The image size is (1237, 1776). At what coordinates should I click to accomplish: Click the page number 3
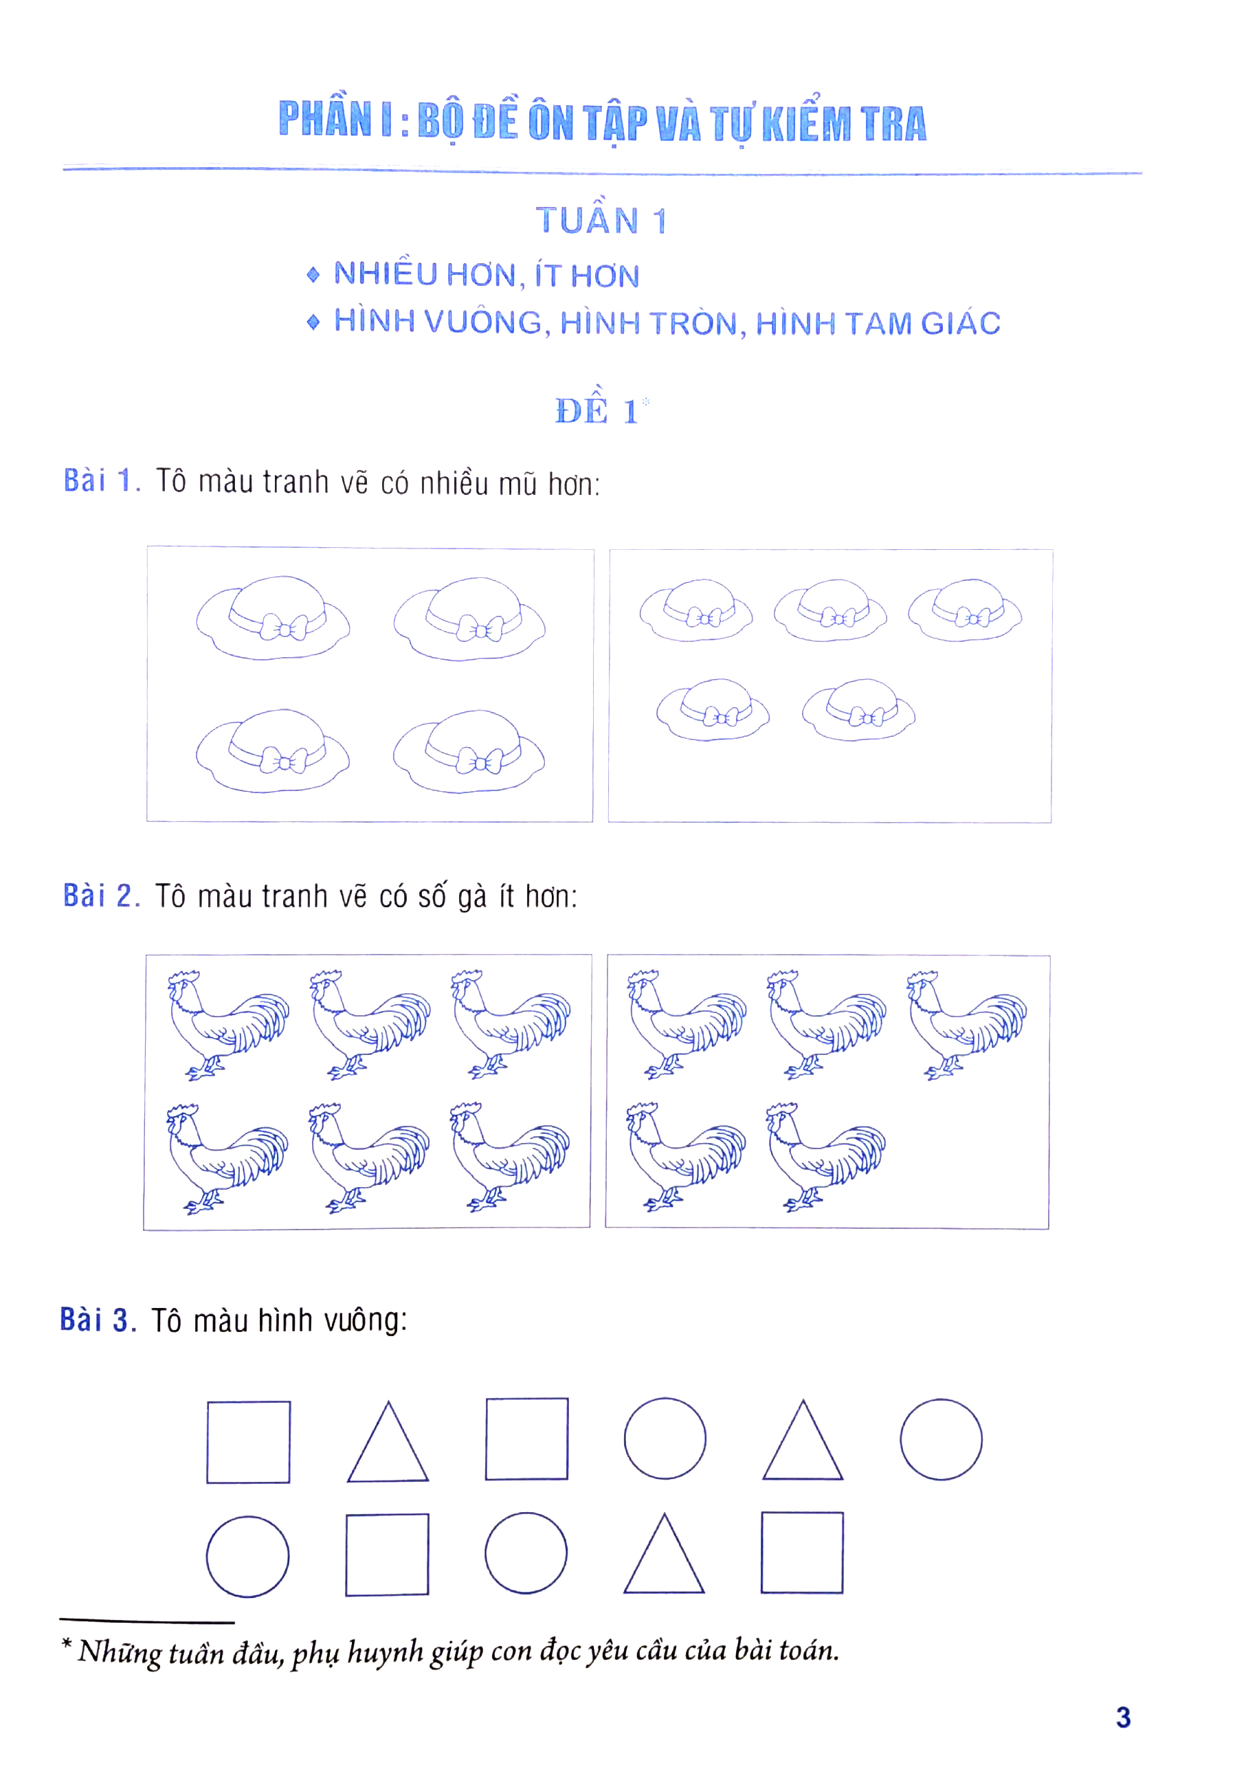[x=1122, y=1717]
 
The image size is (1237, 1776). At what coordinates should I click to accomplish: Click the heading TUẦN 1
[x=601, y=221]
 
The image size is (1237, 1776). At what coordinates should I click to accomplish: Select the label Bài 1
[x=101, y=480]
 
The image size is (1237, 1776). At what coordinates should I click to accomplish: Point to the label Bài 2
[x=101, y=896]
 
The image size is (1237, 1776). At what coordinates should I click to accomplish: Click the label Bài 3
[x=98, y=1320]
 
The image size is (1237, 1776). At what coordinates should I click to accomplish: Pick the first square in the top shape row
[x=248, y=1442]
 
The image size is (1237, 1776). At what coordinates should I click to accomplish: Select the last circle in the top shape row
[x=941, y=1439]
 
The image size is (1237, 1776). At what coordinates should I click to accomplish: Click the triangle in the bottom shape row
[x=664, y=1555]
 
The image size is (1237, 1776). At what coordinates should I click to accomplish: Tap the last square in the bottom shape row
[x=801, y=1553]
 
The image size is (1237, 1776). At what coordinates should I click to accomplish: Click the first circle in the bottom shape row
[x=247, y=1556]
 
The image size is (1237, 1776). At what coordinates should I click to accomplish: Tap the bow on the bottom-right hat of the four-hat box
[x=480, y=764]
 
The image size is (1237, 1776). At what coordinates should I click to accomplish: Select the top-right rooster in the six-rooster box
[x=511, y=1023]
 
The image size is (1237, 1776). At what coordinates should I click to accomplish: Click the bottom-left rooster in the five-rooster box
[x=685, y=1155]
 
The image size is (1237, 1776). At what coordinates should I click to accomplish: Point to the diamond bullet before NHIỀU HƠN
[x=313, y=275]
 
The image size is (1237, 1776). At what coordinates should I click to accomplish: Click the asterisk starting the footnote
[x=67, y=1643]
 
